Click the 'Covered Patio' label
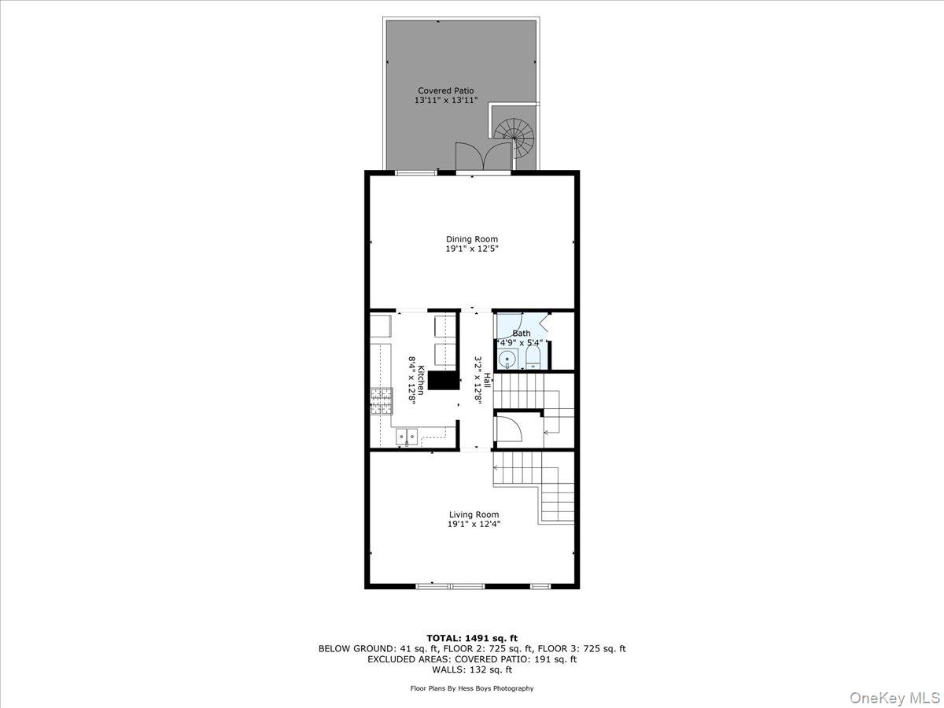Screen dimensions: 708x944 [x=445, y=90]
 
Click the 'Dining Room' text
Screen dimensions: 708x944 [x=472, y=239]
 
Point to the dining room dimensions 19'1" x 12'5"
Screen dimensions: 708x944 [x=472, y=249]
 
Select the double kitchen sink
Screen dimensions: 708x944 [x=406, y=436]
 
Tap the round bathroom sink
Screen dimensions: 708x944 [x=509, y=360]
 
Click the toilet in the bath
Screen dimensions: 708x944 [x=533, y=359]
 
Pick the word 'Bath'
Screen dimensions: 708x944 [x=522, y=334]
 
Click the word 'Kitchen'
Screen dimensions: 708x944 [x=422, y=380]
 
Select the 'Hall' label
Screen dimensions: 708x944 [x=487, y=380]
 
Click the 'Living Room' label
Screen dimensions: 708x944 [x=474, y=514]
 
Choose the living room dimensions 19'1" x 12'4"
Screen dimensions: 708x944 [x=474, y=524]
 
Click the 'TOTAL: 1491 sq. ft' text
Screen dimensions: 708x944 [x=472, y=638]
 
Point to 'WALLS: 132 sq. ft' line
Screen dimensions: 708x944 [x=472, y=670]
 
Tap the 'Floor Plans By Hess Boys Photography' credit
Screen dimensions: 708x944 [x=472, y=688]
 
